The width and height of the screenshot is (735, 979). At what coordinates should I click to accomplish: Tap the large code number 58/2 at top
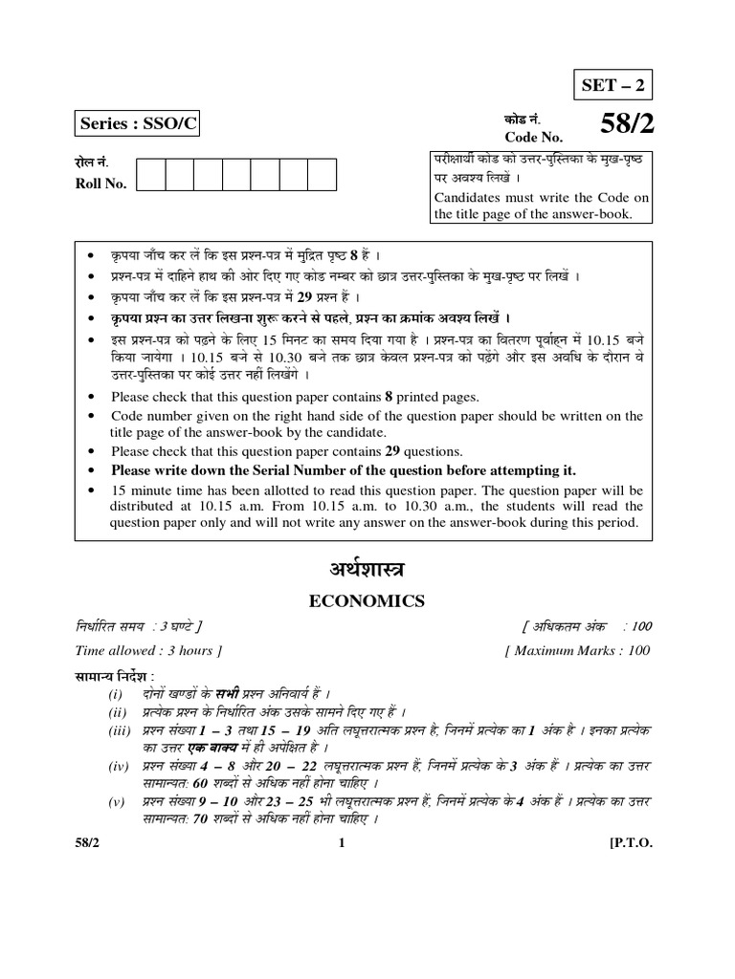(626, 124)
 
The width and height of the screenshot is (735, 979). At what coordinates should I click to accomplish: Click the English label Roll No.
(100, 184)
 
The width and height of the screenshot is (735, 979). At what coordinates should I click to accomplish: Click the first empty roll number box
(151, 175)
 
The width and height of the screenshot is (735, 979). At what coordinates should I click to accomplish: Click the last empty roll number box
(322, 175)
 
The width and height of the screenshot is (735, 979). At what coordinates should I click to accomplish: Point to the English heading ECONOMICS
(367, 600)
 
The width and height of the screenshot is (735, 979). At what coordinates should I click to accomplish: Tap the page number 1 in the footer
(341, 843)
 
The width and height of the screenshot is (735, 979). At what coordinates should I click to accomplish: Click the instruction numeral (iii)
(119, 730)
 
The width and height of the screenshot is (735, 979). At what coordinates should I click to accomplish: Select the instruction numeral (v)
(119, 802)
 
